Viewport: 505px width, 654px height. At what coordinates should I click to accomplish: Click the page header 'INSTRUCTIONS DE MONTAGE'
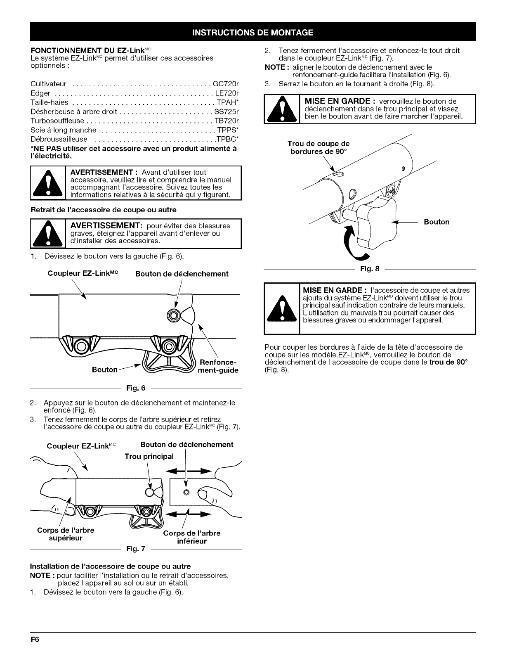(x=252, y=33)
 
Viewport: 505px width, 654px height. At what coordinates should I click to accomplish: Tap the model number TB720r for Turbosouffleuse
(x=227, y=121)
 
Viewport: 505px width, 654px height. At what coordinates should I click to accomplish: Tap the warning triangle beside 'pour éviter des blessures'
(x=49, y=234)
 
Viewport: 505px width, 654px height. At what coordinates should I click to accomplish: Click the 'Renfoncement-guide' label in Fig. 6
(x=219, y=366)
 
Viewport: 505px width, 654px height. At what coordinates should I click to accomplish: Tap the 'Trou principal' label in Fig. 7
(x=149, y=456)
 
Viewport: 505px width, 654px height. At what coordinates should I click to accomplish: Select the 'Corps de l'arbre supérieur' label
(x=66, y=534)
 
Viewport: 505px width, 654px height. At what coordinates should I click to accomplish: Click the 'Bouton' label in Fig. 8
(x=437, y=222)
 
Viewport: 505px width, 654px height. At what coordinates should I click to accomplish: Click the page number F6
(x=35, y=640)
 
